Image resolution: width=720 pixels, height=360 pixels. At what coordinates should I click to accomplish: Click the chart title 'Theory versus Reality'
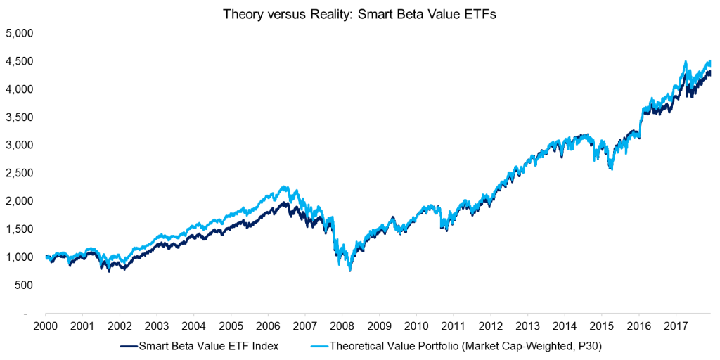[360, 15]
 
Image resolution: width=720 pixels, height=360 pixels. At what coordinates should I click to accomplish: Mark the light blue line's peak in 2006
[283, 187]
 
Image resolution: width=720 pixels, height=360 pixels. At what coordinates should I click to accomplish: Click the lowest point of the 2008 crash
[350, 270]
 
